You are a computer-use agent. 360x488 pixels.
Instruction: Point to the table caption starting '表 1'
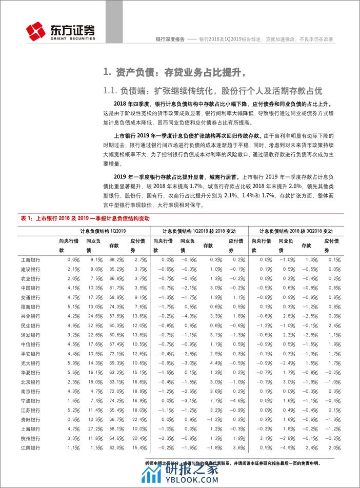[x=82, y=217]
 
